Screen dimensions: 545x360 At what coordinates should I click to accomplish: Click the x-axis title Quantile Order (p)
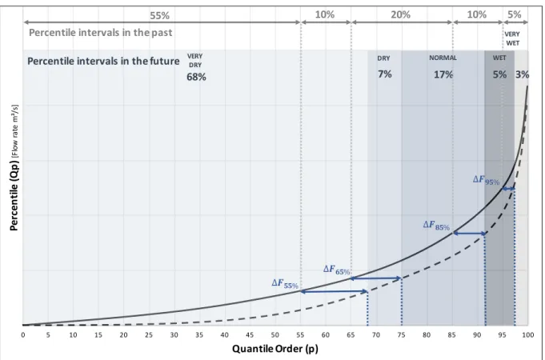(x=275, y=349)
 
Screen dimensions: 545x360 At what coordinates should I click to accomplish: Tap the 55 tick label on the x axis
(x=300, y=335)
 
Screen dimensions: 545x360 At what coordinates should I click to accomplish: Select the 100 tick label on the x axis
(x=527, y=335)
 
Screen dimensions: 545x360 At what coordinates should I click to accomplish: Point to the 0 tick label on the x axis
(x=23, y=335)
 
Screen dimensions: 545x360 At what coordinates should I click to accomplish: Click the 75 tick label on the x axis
(x=401, y=335)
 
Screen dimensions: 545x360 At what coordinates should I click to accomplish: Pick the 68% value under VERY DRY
(x=196, y=77)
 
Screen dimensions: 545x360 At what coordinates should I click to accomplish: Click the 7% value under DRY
(x=385, y=74)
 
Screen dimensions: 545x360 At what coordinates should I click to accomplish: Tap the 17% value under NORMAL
(x=443, y=74)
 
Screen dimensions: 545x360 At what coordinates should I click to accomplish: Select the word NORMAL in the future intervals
(x=443, y=58)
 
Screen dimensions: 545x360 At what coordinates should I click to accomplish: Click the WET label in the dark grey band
(x=499, y=58)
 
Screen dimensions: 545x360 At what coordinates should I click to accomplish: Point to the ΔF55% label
(x=285, y=283)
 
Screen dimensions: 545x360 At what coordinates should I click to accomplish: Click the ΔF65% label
(x=336, y=270)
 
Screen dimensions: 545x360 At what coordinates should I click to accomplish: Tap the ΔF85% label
(x=436, y=225)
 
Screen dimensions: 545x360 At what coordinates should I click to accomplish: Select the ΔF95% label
(x=486, y=180)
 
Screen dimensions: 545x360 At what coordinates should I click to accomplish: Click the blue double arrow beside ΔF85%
(x=469, y=234)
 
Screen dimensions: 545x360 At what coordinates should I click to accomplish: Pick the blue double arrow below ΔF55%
(x=334, y=291)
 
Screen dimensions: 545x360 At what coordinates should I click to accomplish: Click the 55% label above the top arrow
(x=159, y=16)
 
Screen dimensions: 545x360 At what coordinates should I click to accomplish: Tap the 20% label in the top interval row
(x=400, y=14)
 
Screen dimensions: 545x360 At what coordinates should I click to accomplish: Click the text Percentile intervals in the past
(x=101, y=33)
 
